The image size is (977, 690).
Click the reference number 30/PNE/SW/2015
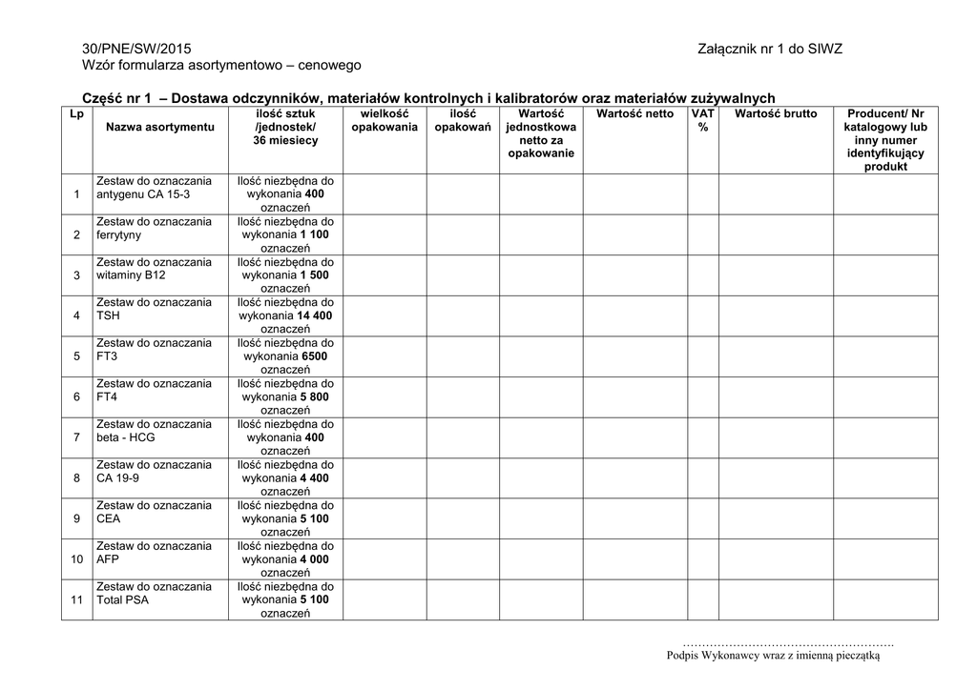[137, 49]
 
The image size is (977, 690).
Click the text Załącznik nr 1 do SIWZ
[770, 49]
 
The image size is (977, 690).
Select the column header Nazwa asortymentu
[160, 127]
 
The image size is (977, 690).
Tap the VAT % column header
[703, 120]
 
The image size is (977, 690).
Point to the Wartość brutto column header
[776, 113]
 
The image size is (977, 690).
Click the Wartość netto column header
[634, 113]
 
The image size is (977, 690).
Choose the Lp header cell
[76, 113]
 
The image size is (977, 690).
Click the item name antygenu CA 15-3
[143, 194]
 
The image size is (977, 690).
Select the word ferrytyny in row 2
[118, 234]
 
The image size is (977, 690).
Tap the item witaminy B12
[131, 275]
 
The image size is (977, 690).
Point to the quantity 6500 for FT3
[310, 356]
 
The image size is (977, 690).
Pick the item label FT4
[106, 396]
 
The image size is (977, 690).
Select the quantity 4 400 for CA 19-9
[314, 478]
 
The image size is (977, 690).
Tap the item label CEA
[108, 518]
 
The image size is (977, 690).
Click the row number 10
[76, 559]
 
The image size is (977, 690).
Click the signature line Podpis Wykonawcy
[773, 655]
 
